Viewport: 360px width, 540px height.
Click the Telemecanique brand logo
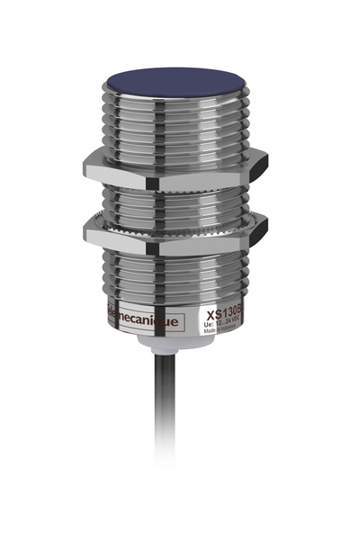(x=144, y=318)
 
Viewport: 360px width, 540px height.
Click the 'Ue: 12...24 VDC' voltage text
(x=225, y=327)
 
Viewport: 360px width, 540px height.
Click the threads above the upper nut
(x=175, y=126)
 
